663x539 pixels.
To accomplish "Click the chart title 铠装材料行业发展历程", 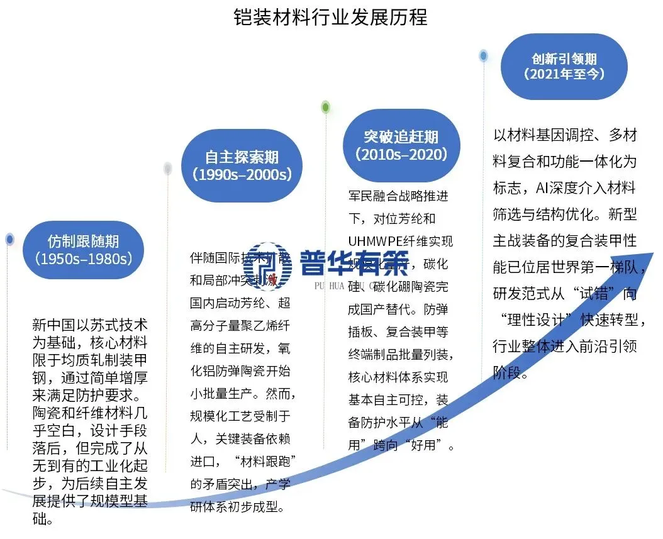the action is [330, 17].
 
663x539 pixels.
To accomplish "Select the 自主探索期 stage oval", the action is [242, 165].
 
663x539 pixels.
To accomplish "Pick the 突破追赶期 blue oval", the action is [401, 145].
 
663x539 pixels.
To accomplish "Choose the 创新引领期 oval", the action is [564, 66].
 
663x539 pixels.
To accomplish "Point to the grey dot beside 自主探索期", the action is [167, 168].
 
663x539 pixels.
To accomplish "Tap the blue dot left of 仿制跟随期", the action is [9, 239].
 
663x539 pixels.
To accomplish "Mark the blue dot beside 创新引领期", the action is [483, 55].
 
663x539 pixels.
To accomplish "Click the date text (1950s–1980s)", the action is [84, 258].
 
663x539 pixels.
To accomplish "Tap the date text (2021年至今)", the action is [564, 74].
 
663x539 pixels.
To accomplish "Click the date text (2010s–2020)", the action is [401, 154].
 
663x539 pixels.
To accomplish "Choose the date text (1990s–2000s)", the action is [242, 174].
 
